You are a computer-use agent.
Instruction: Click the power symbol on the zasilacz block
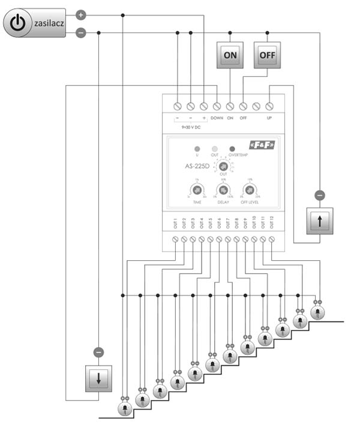[19, 23]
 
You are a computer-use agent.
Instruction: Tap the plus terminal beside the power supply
[82, 14]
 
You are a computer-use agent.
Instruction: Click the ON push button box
[230, 55]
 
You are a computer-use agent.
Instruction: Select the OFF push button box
[266, 55]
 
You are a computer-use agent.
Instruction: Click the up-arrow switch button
[319, 221]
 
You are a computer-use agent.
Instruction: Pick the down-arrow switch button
[99, 378]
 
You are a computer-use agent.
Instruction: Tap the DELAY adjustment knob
[223, 191]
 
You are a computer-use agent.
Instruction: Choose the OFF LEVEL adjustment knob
[249, 191]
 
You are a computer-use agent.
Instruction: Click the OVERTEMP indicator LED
[232, 148]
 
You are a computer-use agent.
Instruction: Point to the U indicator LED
[196, 148]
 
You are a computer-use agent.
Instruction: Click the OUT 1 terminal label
[175, 223]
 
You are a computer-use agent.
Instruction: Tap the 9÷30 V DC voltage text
[191, 128]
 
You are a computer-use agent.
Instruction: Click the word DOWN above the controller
[217, 118]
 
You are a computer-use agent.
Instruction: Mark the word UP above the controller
[269, 118]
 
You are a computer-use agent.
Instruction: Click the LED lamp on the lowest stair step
[124, 409]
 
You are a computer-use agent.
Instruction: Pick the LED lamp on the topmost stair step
[317, 313]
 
